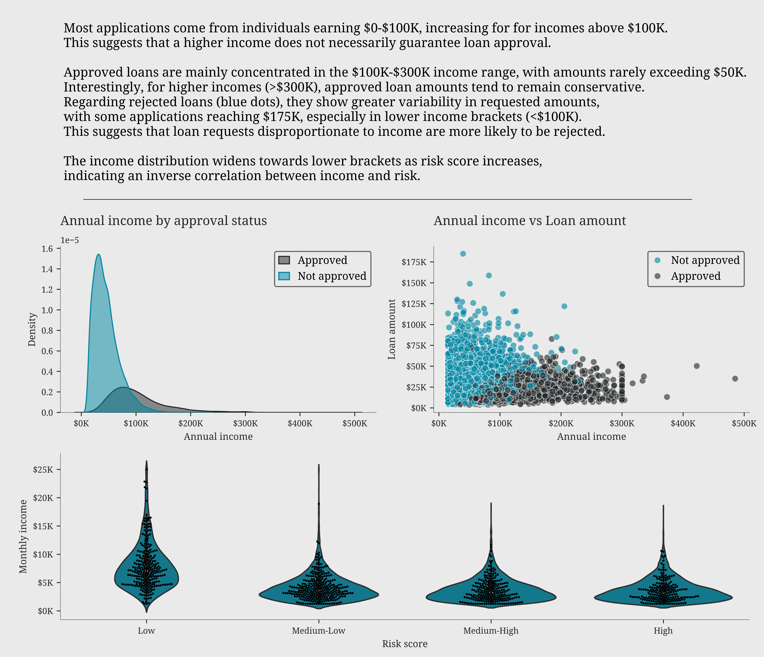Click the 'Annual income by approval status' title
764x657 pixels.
click(x=163, y=221)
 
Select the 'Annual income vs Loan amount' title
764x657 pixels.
click(x=529, y=221)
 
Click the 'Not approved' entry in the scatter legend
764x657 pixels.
click(x=705, y=260)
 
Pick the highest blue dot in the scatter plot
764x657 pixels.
click(x=463, y=254)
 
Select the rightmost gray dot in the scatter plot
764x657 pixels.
click(x=735, y=379)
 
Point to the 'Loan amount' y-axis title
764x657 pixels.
click(x=392, y=329)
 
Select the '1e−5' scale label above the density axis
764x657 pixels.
click(x=70, y=240)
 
